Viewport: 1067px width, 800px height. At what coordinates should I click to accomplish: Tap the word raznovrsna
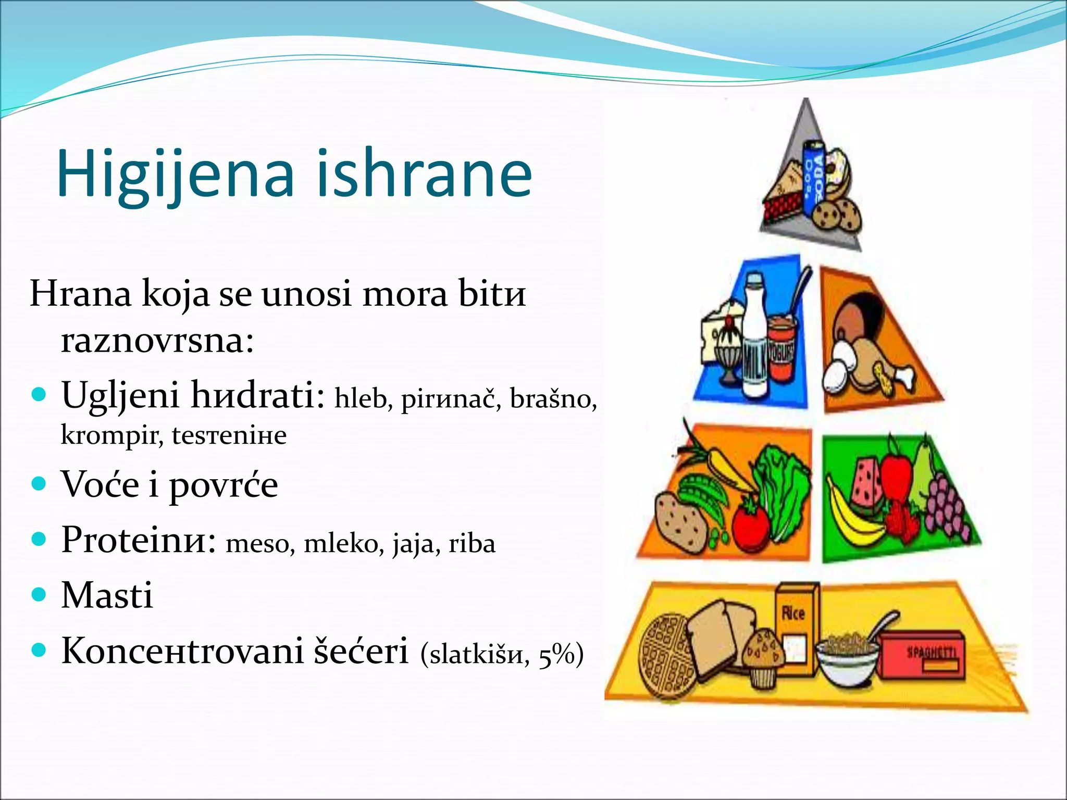tap(157, 341)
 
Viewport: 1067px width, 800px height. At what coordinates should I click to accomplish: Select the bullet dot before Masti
tap(39, 594)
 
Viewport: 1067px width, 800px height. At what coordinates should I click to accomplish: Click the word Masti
tap(107, 595)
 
